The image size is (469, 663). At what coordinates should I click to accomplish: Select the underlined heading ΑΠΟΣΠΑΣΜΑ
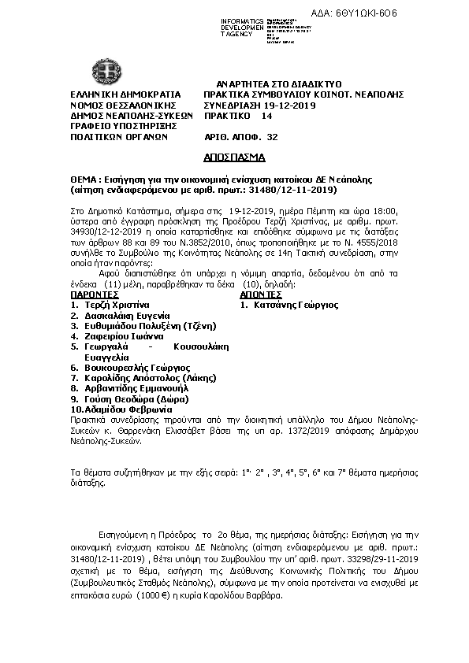pos(233,158)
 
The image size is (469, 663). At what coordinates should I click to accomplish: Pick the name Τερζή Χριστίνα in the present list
pos(116,303)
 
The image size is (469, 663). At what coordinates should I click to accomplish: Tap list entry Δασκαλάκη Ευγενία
pos(126,314)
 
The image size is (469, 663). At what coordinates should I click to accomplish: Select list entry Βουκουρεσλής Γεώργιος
pos(137,367)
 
